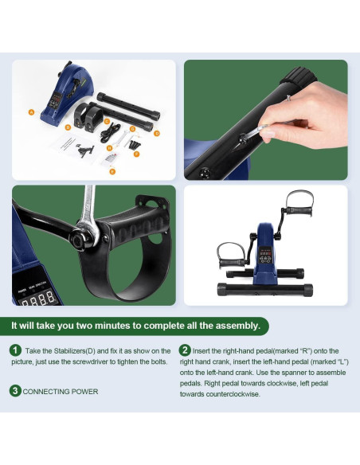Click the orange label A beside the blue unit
[31, 112]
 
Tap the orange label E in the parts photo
[112, 171]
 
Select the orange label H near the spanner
[110, 147]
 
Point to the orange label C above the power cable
[107, 121]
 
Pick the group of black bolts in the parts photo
[134, 144]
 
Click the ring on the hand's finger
[288, 98]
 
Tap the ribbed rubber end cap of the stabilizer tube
[297, 76]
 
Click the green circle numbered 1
[15, 350]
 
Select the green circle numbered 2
[185, 350]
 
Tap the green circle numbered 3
[15, 391]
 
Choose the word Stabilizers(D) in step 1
[74, 351]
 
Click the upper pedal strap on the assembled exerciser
[299, 198]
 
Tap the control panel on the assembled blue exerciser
[265, 255]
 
